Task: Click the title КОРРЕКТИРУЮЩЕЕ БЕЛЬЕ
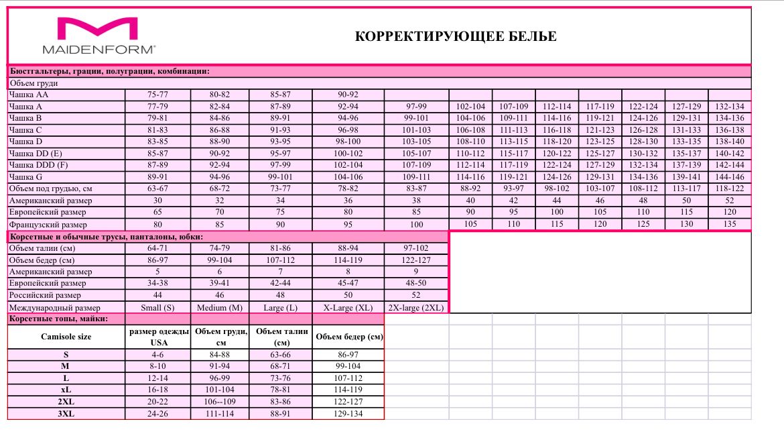click(x=456, y=36)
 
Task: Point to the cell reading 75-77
click(x=157, y=95)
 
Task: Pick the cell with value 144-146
click(x=730, y=176)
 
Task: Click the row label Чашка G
click(x=26, y=176)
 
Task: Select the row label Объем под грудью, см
click(x=50, y=188)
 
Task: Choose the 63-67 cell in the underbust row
click(x=157, y=188)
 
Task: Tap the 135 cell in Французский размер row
click(x=730, y=224)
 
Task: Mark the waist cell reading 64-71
click(x=157, y=248)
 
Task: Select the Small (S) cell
click(x=157, y=307)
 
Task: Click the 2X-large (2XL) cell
click(x=416, y=307)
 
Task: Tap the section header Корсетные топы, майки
click(x=58, y=319)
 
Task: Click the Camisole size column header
click(x=66, y=337)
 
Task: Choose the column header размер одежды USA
click(x=157, y=337)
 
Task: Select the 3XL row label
click(x=66, y=414)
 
